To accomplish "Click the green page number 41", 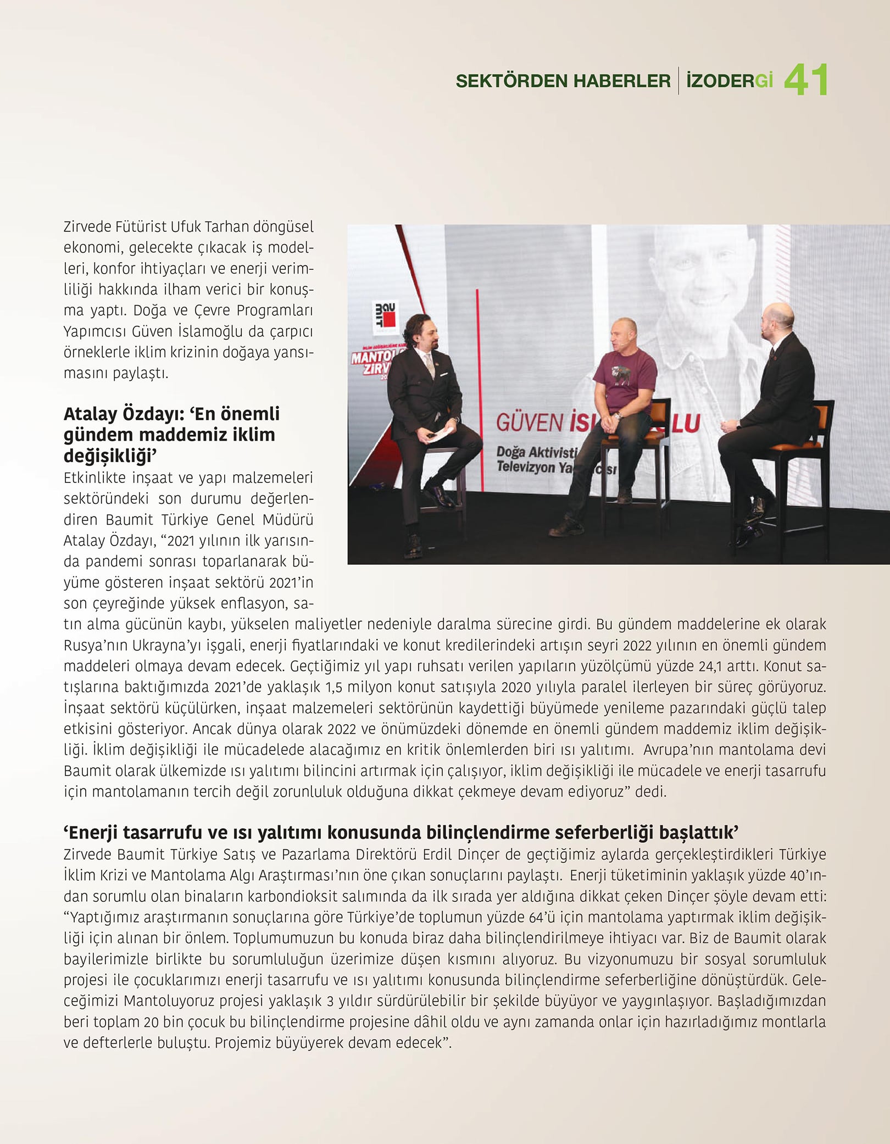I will [x=805, y=80].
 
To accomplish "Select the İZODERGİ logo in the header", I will [x=730, y=81].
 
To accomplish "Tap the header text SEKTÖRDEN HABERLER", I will [x=563, y=81].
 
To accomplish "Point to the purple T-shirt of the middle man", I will [x=625, y=379].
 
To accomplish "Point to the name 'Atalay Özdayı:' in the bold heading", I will [x=123, y=414].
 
